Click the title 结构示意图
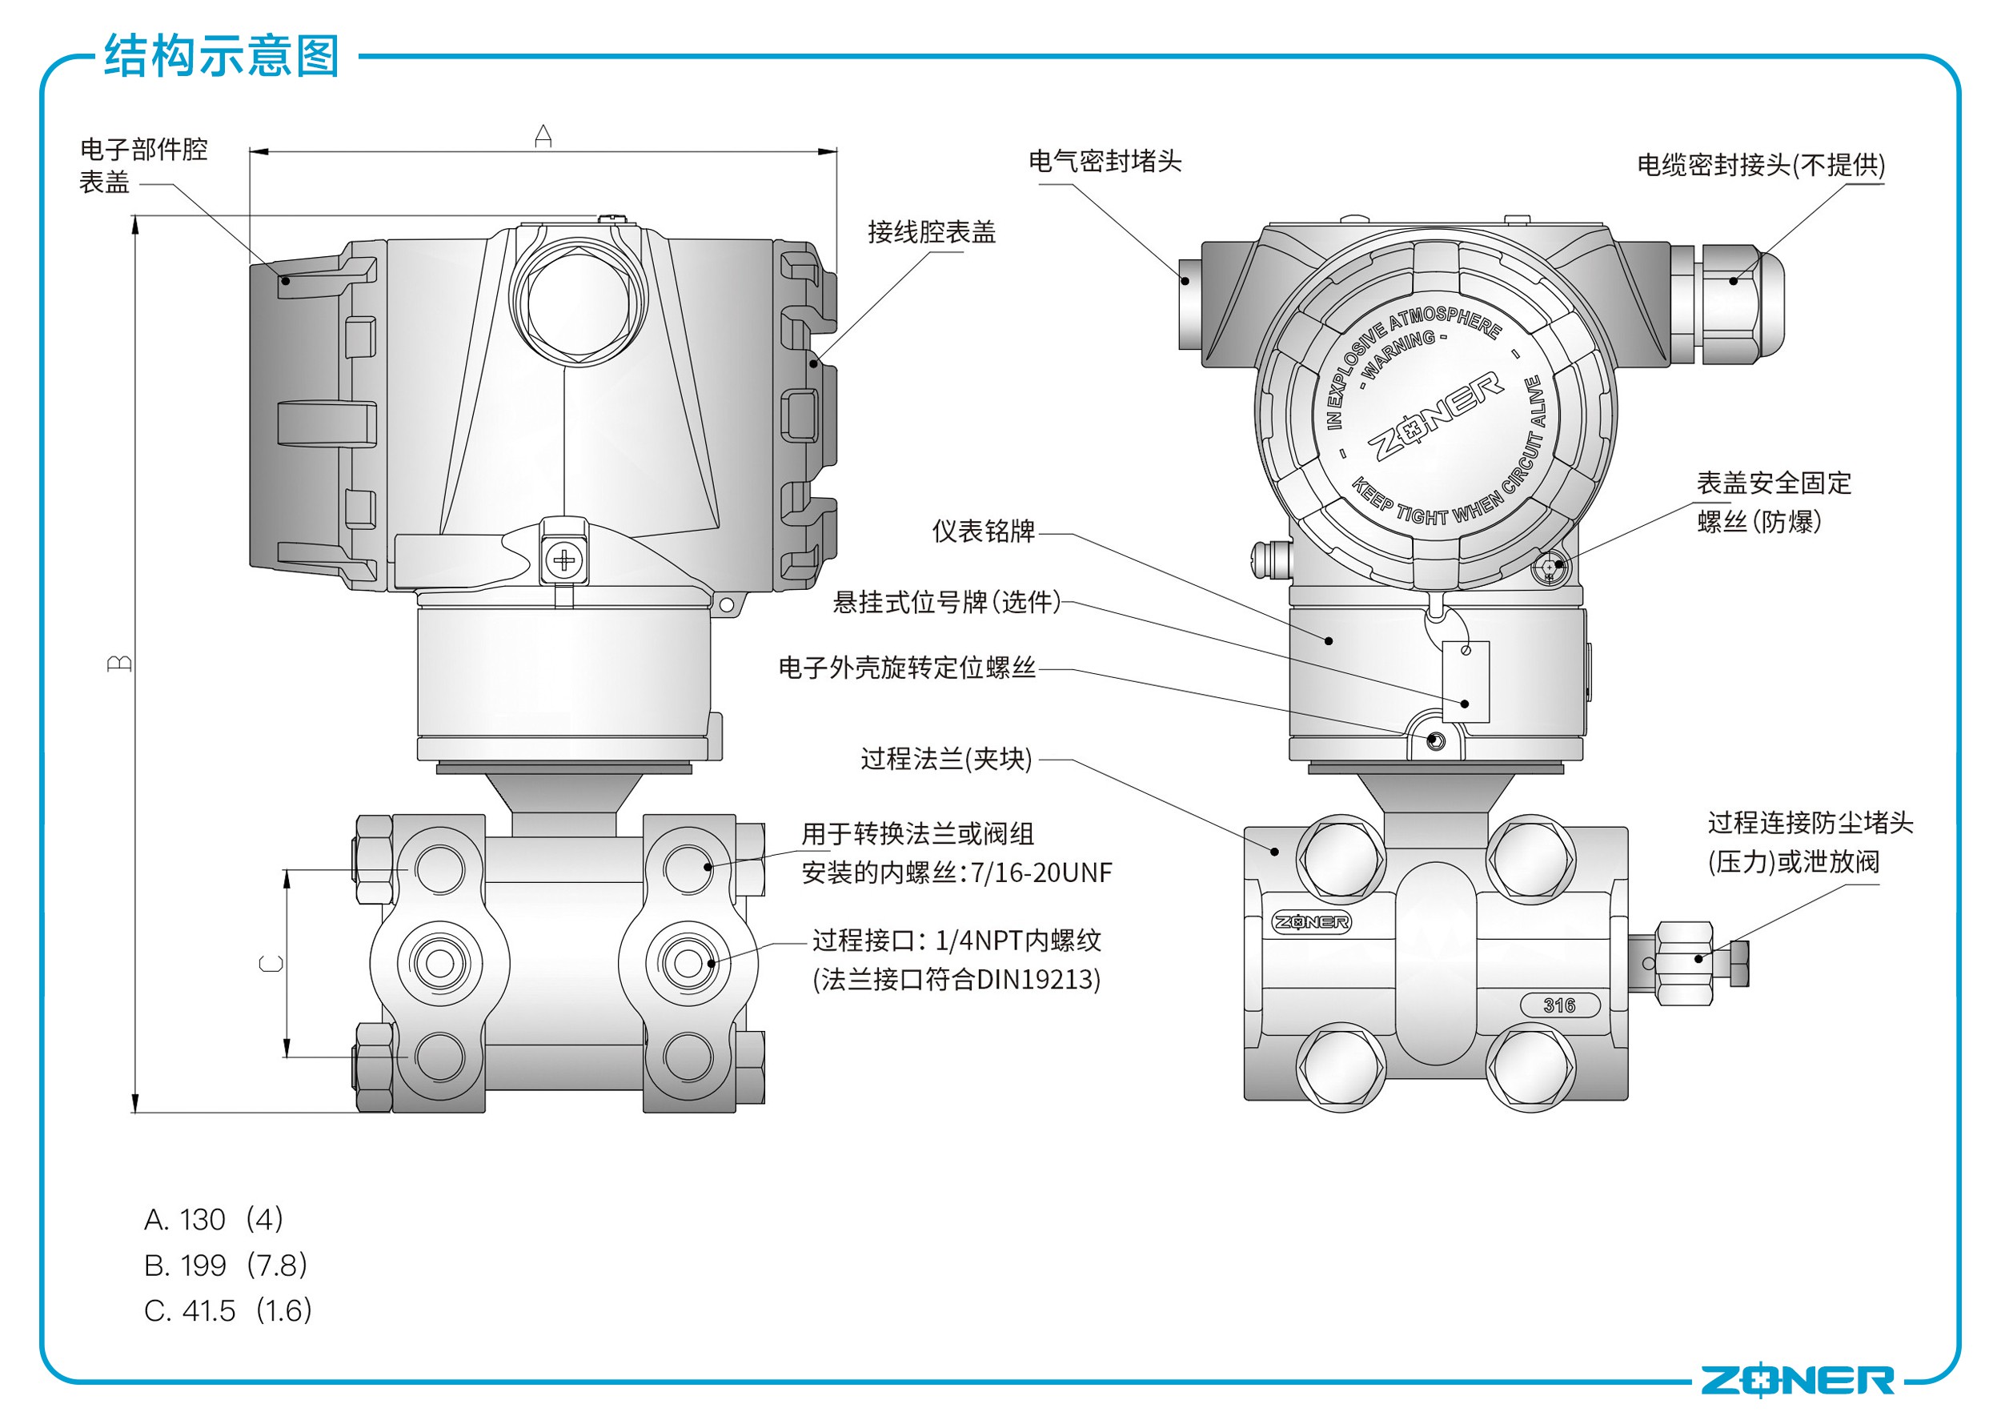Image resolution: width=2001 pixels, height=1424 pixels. (221, 56)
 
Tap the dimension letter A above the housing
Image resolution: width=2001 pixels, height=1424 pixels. (543, 136)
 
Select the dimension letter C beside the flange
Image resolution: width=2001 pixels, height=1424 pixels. (272, 964)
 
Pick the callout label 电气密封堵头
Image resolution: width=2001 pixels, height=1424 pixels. (1104, 162)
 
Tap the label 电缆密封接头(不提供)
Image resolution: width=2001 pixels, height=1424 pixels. (1760, 165)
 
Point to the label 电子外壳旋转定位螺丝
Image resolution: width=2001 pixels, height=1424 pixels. (907, 668)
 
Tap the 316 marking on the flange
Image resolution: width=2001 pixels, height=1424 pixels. (1559, 1005)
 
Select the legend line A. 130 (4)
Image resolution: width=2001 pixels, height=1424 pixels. (213, 1219)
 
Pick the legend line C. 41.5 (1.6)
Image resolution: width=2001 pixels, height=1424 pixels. (228, 1311)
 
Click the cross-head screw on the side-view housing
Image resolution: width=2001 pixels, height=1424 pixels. (565, 560)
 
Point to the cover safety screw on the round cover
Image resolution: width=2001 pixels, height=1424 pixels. (1550, 568)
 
